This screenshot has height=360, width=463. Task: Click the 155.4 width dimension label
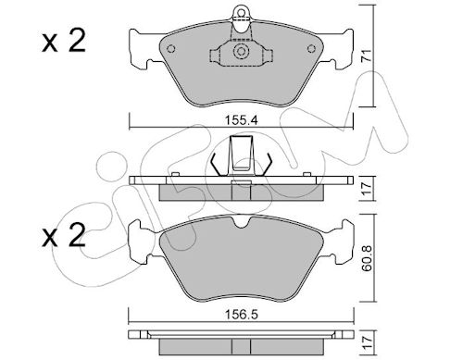[241, 120]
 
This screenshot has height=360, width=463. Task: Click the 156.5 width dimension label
[241, 315]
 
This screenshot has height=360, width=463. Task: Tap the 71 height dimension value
[367, 56]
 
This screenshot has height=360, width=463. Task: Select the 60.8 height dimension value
[367, 258]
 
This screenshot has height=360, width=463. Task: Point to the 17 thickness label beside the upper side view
[367, 189]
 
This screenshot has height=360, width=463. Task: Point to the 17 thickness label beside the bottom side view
[367, 343]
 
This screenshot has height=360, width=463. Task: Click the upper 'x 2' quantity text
[64, 42]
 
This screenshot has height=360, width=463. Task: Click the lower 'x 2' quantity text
[64, 236]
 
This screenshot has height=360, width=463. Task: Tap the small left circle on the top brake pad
[170, 49]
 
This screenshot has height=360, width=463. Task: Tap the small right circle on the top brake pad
[312, 49]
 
